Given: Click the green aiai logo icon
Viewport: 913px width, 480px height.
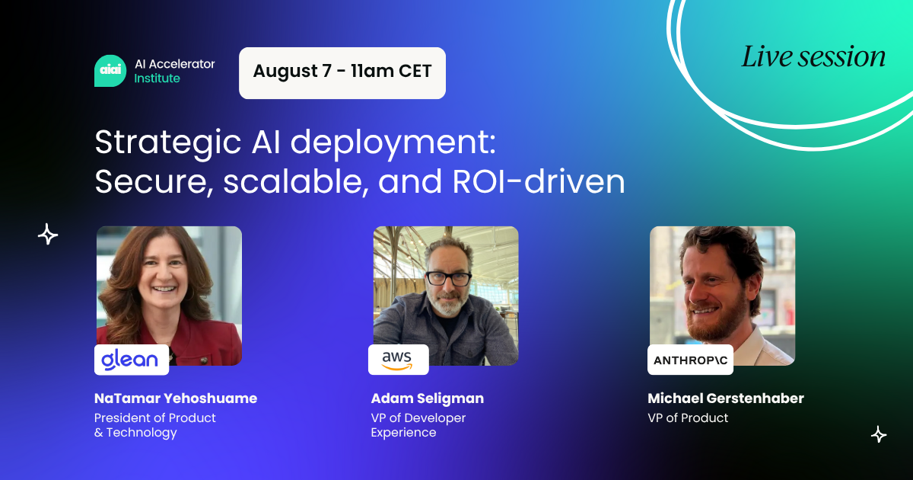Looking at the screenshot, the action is (x=110, y=71).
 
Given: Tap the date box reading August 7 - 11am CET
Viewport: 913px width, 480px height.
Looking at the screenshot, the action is (x=342, y=73).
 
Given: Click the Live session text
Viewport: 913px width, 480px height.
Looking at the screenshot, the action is (x=813, y=57).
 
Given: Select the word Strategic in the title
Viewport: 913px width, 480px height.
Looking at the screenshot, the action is (x=168, y=143).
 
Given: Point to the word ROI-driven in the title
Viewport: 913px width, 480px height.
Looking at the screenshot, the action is (x=539, y=181).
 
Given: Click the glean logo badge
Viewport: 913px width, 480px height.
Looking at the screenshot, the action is (x=131, y=360).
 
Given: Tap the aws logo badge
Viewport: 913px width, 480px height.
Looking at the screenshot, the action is (x=398, y=360).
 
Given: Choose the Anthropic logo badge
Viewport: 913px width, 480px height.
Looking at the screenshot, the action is (x=690, y=360).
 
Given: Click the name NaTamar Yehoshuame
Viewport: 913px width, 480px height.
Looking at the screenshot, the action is (x=176, y=398).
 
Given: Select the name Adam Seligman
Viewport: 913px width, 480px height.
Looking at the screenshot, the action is (x=427, y=398).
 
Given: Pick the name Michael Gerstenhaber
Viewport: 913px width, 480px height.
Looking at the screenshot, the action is (x=726, y=398).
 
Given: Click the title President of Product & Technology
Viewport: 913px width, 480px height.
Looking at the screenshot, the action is (x=155, y=425).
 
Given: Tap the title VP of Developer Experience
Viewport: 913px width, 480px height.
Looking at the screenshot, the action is (x=418, y=425).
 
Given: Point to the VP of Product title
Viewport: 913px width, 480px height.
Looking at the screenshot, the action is (x=688, y=418).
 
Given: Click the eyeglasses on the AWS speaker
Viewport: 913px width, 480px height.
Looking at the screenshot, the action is (x=448, y=279).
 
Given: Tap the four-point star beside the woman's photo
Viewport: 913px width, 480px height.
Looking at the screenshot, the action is (x=48, y=235).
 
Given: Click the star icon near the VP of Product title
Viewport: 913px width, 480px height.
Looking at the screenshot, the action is (x=879, y=434).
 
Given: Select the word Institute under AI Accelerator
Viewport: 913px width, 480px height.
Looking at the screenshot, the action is (x=157, y=78).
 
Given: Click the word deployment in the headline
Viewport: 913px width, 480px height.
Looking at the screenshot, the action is (x=393, y=143).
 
